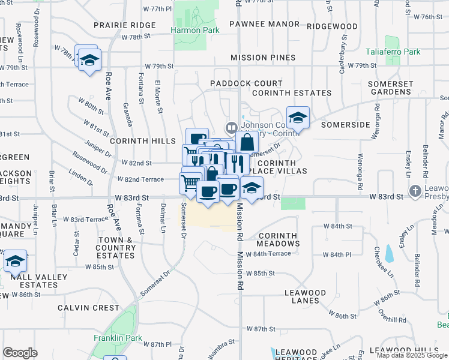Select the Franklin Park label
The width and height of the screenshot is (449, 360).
pyautogui.click(x=118, y=338)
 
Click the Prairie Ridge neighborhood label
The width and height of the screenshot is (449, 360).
pyautogui.click(x=125, y=25)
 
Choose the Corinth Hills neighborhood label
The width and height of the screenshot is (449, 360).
pyautogui.click(x=134, y=139)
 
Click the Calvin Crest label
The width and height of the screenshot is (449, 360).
pyautogui.click(x=89, y=308)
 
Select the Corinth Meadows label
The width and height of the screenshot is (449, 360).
pyautogui.click(x=278, y=239)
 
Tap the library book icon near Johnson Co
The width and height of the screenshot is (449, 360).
pyautogui.click(x=231, y=127)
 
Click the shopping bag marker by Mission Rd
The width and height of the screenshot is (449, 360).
pyautogui.click(x=247, y=143)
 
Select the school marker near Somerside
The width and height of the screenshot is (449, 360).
pyautogui.click(x=297, y=118)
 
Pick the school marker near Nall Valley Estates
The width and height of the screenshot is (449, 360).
pyautogui.click(x=15, y=261)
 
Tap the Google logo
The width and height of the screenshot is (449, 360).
pyautogui.click(x=20, y=353)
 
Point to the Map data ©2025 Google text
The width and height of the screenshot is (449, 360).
pyautogui.click(x=411, y=355)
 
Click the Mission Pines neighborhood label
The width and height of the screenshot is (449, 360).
pyautogui.click(x=263, y=58)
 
